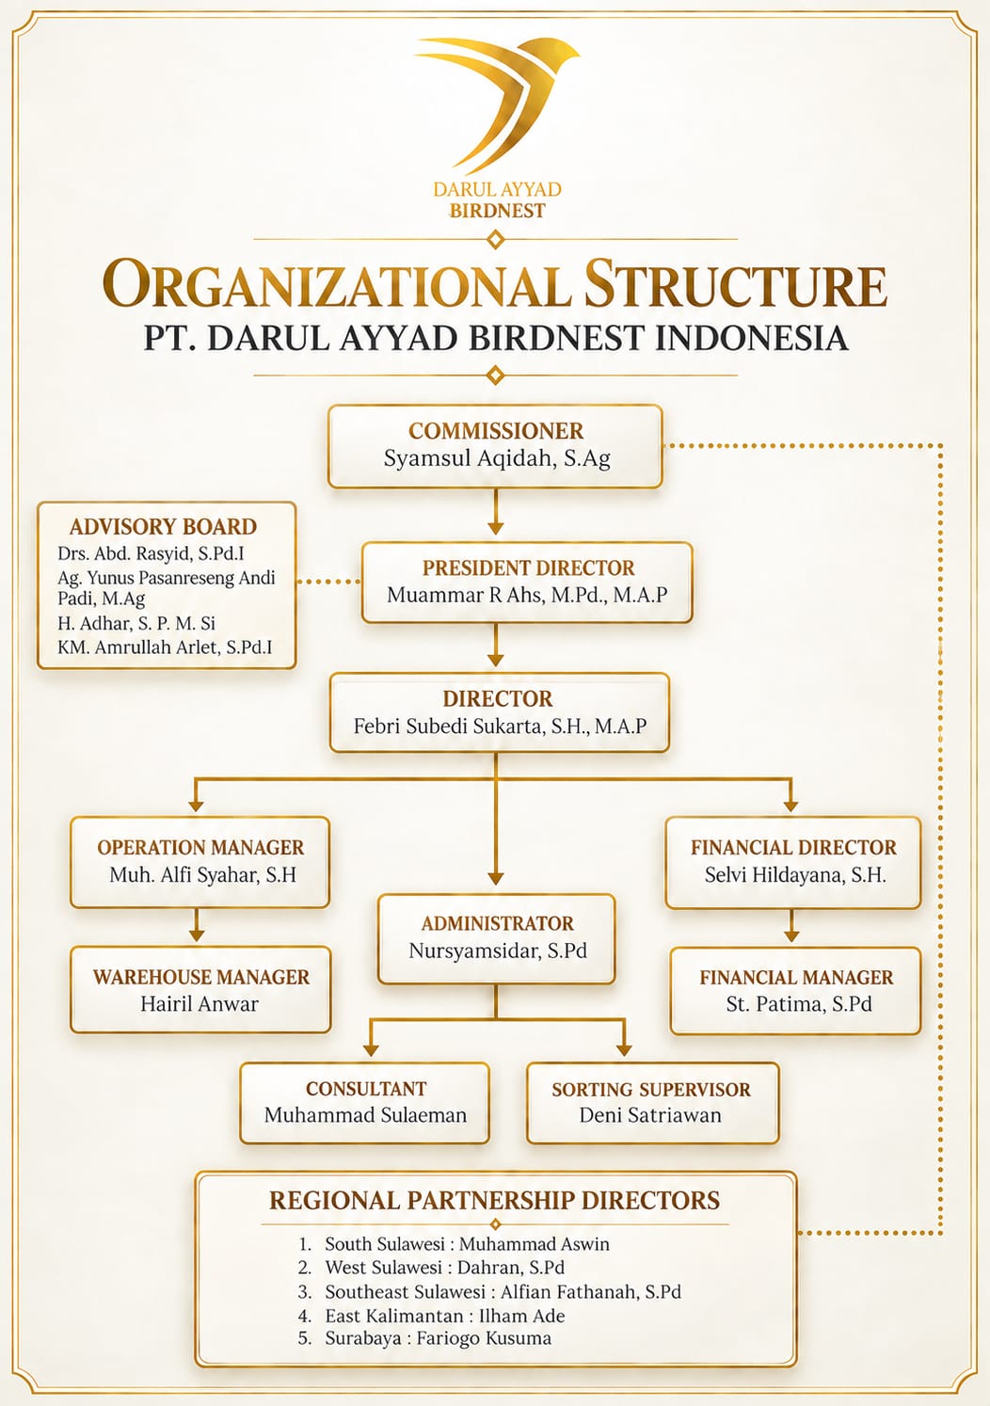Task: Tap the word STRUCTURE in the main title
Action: pos(735,284)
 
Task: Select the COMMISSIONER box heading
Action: pos(496,431)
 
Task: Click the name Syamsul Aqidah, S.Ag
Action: pos(497,459)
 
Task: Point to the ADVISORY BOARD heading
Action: pos(163,527)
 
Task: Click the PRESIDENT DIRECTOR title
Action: pos(528,568)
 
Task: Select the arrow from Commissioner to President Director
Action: pos(496,512)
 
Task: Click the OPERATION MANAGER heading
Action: pos(200,847)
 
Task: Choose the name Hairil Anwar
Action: pos(199,1004)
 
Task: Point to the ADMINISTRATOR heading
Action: pos(497,923)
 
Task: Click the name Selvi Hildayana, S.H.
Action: pos(795,875)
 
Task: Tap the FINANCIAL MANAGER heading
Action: pos(796,977)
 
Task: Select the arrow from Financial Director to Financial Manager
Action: pos(791,925)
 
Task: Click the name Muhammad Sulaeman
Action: pos(365,1115)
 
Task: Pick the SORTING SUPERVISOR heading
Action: pos(651,1089)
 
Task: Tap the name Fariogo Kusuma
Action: pos(484,1338)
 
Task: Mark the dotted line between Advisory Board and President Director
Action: pos(328,582)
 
